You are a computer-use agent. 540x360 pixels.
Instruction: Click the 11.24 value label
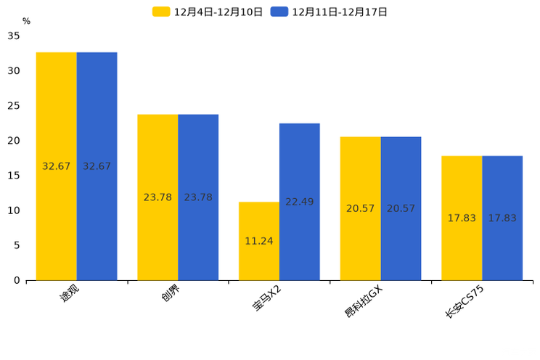pos(259,241)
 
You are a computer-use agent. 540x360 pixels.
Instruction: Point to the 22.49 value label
pos(299,202)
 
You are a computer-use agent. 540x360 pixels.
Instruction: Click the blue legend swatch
pos(279,12)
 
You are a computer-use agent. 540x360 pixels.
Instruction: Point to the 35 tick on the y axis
pos(14,36)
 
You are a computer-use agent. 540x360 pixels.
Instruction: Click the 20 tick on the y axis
pos(14,140)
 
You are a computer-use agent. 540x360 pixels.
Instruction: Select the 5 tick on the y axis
pos(17,245)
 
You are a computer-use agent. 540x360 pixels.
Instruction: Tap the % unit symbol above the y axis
pos(26,21)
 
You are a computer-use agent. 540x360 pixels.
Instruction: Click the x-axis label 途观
pos(70,294)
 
